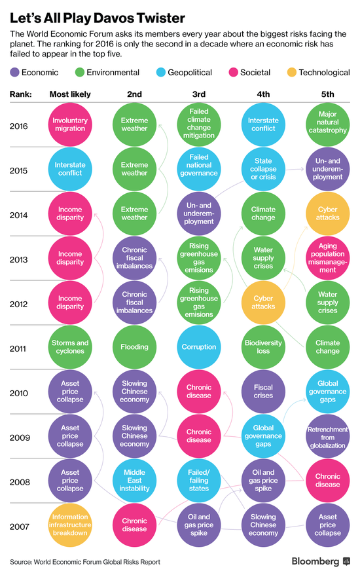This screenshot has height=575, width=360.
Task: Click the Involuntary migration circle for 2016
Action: [x=70, y=124]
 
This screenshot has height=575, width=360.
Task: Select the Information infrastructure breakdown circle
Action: [x=70, y=525]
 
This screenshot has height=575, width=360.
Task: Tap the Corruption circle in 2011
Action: [x=199, y=347]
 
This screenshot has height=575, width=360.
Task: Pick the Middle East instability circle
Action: [x=135, y=481]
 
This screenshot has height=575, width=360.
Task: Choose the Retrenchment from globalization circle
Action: [x=328, y=436]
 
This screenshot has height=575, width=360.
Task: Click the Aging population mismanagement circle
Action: [x=328, y=258]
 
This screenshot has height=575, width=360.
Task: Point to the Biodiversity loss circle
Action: [x=263, y=347]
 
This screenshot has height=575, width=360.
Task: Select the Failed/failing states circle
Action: [x=199, y=481]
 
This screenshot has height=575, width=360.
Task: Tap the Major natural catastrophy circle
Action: [x=328, y=124]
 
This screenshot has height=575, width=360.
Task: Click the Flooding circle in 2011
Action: [x=135, y=347]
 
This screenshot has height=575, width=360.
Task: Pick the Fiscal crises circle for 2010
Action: [x=263, y=391]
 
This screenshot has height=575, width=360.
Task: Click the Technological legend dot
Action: [x=292, y=72]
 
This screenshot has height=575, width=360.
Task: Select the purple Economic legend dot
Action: [x=14, y=72]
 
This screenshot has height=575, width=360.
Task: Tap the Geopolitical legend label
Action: [x=190, y=73]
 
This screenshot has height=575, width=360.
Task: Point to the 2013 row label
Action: [x=19, y=259]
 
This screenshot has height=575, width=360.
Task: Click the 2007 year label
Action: [x=19, y=527]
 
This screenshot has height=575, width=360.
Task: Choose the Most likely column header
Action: [x=70, y=94]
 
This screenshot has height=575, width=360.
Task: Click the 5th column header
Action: [x=328, y=94]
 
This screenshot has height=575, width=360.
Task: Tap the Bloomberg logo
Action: [x=321, y=561]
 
